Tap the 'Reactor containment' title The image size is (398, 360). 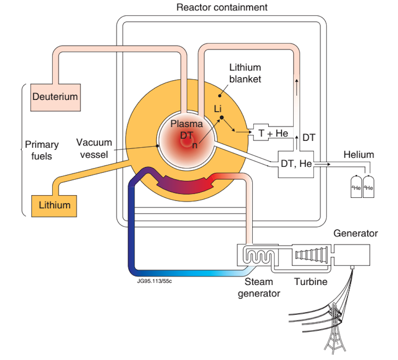click(222, 7)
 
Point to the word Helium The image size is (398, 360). click(359, 154)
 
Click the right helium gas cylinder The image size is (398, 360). click(369, 185)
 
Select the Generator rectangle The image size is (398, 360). click(352, 254)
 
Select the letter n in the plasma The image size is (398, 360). click(195, 145)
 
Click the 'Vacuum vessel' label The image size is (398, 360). click(94, 148)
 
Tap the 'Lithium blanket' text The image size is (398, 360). click(245, 73)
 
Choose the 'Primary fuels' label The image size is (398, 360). click(41, 150)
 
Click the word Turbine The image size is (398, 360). click(310, 282)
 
